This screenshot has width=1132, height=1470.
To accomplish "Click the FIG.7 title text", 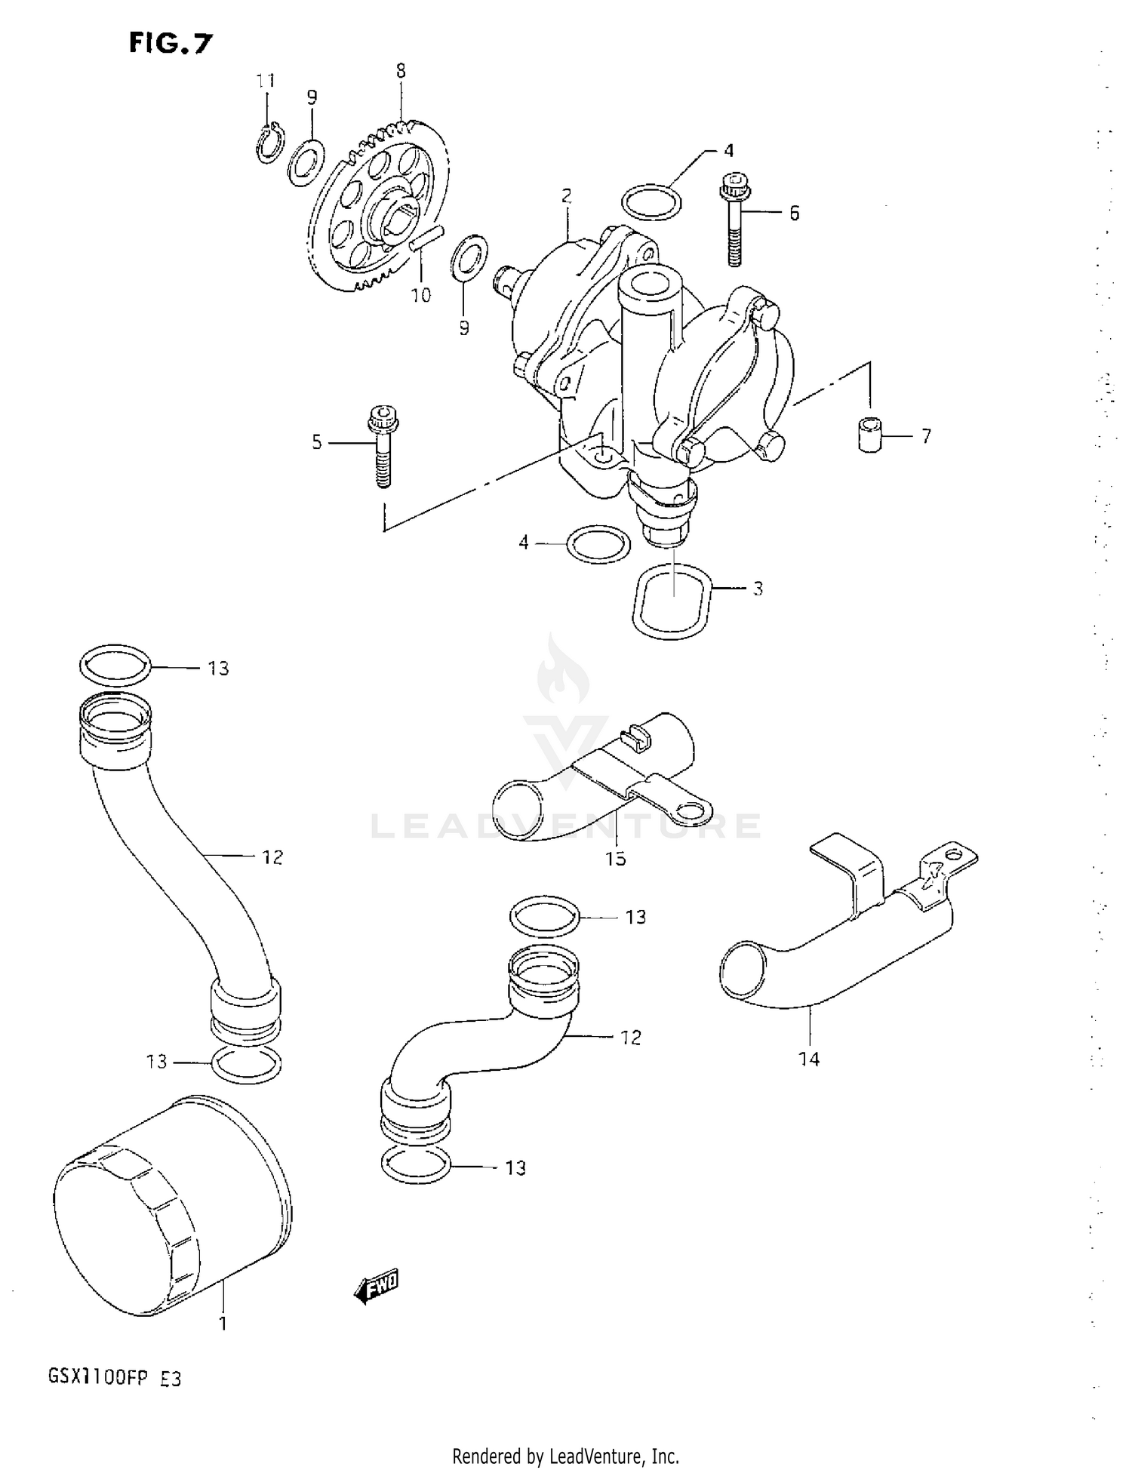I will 171,45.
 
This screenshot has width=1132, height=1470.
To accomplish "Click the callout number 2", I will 566,196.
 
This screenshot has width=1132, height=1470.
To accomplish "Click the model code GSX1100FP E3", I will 115,1379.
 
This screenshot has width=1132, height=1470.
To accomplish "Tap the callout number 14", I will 809,1059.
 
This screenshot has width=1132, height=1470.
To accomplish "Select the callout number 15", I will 616,858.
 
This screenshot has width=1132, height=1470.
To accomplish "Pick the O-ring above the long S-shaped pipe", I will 115,664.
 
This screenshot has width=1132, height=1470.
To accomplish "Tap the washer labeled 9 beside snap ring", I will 306,161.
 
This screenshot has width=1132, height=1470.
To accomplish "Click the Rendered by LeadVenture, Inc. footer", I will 565,1456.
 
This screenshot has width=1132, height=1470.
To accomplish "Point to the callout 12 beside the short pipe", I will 631,1037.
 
